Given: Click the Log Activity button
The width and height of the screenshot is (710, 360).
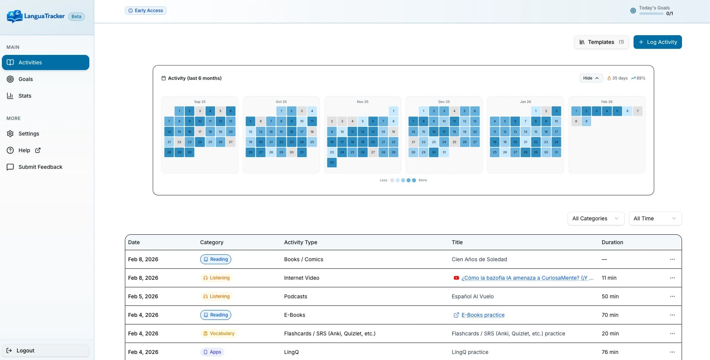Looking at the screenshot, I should [657, 42].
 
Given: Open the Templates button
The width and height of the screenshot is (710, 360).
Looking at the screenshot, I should [601, 42].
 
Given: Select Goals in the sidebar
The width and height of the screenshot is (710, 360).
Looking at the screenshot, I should [26, 79].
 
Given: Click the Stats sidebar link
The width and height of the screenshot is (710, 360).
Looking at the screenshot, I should [25, 96].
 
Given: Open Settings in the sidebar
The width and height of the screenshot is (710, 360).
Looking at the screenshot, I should [29, 134].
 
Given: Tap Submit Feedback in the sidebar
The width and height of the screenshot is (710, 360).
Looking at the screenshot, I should [40, 167].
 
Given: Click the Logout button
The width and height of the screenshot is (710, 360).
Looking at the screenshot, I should [25, 351].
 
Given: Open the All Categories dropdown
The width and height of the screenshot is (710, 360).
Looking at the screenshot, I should [595, 218].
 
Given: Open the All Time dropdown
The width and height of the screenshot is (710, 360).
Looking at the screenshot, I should [655, 218].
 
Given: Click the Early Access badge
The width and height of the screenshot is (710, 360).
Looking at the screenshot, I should [146, 11].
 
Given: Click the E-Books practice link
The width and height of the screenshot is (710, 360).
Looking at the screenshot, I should [483, 315].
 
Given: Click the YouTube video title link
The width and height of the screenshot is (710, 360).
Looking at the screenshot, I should [527, 278].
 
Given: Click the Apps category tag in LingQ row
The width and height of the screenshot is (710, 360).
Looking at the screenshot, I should [212, 352].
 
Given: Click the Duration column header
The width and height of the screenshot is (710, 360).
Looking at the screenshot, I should [612, 242].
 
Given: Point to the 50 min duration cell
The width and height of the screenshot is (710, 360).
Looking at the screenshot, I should [610, 296].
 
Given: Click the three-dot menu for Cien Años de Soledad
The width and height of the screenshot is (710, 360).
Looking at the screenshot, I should [672, 259].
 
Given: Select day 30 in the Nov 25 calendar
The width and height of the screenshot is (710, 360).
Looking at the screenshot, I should [332, 162].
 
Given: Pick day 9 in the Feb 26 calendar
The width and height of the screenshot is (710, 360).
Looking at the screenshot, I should [586, 122].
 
